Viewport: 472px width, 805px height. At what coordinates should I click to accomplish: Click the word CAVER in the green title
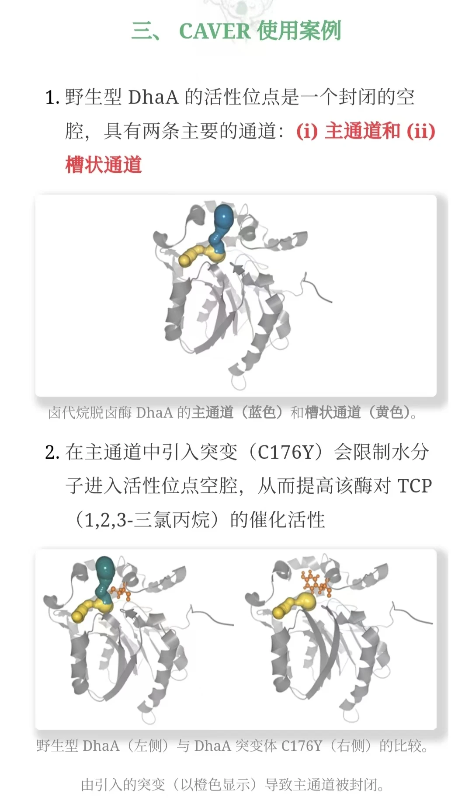(x=215, y=31)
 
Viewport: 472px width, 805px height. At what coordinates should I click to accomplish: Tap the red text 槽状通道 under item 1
(x=104, y=165)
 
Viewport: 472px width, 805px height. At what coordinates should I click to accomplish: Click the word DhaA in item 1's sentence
(x=153, y=97)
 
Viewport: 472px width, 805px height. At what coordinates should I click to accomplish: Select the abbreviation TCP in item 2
(x=414, y=486)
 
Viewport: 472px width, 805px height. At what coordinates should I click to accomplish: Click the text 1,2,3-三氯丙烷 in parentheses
(x=147, y=520)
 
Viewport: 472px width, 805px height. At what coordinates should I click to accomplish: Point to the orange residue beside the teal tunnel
(x=121, y=591)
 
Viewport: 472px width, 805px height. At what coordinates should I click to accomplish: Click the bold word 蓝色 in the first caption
(x=262, y=412)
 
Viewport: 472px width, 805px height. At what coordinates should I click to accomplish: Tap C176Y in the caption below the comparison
(x=302, y=746)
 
